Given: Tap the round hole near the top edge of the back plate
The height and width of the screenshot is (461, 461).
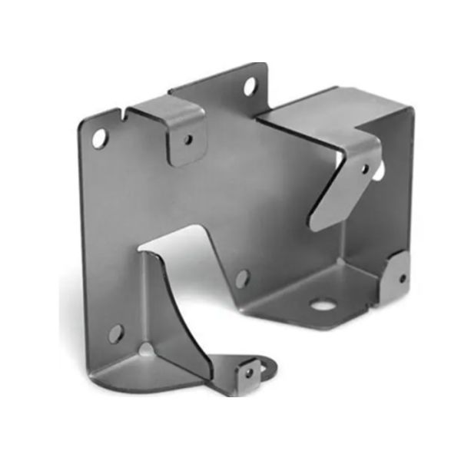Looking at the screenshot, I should (x=251, y=86).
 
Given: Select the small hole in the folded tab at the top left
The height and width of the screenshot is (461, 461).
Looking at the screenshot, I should (x=187, y=141).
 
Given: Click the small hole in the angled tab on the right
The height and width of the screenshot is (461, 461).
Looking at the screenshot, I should (x=364, y=168).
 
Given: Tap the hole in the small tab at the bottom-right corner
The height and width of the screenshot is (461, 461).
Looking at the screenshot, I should (x=401, y=279).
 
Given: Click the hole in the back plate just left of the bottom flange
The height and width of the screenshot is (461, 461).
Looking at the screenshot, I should (x=242, y=278).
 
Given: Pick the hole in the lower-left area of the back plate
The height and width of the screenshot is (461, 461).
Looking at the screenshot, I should (x=115, y=333).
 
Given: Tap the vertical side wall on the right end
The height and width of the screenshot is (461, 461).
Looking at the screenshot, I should (x=396, y=192).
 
